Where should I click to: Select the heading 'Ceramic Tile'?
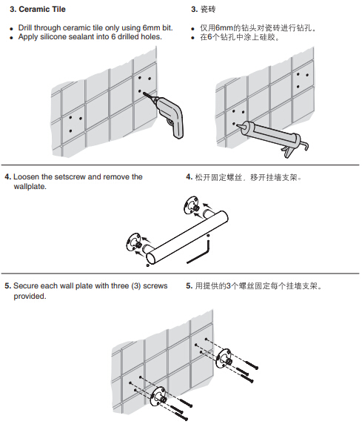click(42, 10)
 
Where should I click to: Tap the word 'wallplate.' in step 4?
click(30, 187)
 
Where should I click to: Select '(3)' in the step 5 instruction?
click(136, 286)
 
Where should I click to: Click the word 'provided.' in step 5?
click(30, 297)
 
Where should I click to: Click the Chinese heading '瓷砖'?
click(208, 10)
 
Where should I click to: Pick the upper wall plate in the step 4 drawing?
click(191, 205)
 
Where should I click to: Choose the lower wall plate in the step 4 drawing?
click(134, 242)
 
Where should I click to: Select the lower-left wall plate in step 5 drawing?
click(158, 397)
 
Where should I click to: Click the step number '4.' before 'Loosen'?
click(7, 177)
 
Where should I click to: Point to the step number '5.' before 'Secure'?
click(7, 286)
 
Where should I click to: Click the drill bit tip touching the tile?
click(143, 93)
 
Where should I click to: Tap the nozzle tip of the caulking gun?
click(237, 125)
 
